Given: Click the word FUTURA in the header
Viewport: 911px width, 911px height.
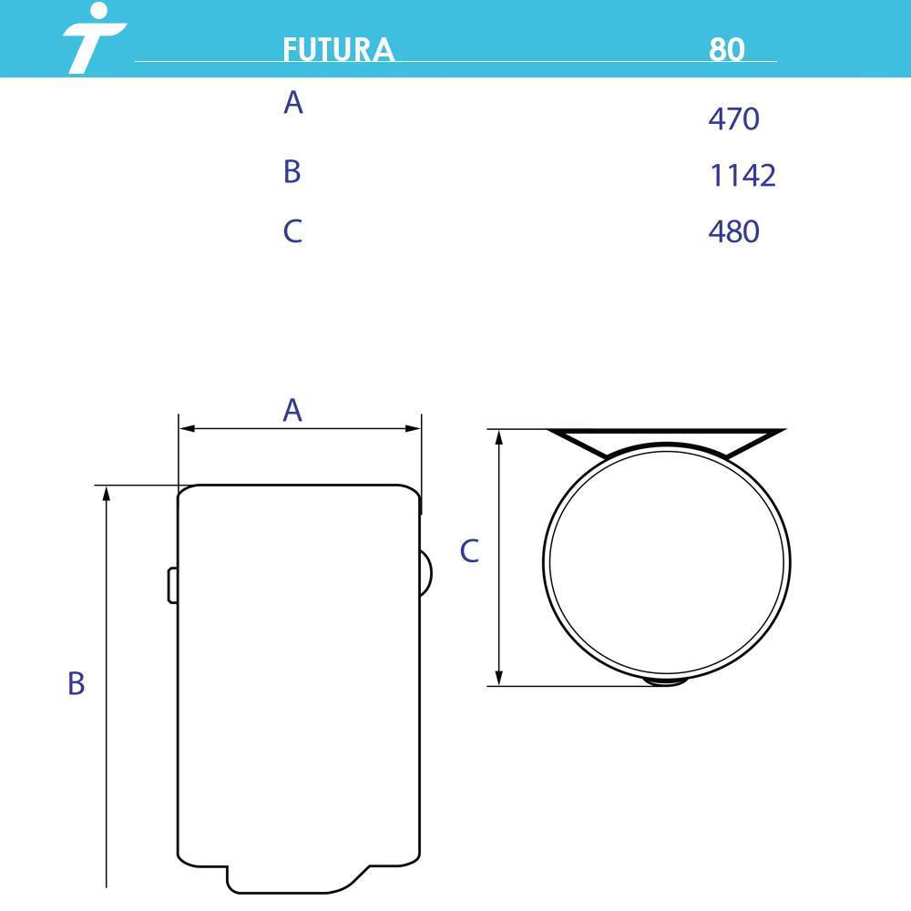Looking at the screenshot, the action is pos(339,49).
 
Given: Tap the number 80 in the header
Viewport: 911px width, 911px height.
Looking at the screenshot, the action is pos(726,49).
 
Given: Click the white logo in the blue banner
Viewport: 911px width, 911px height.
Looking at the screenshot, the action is pos(93,37).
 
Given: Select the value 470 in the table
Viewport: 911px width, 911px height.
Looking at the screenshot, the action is pos(733,118).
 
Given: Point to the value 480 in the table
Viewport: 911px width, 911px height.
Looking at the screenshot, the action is pos(733,231).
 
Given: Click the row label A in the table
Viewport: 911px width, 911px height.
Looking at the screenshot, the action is pos(293,102).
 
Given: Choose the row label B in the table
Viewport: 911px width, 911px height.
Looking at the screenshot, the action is pos(292,171).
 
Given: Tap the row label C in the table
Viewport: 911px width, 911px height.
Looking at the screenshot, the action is pos(292,230).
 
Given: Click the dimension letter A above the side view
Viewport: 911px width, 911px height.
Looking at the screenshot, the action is pos(292,410).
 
